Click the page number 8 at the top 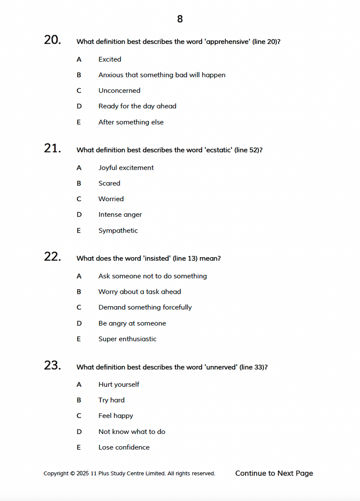pos(180,19)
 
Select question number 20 pos(52,40)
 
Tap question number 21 pos(52,148)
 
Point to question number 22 pos(52,257)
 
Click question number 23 pos(52,366)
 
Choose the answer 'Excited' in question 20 pos(110,59)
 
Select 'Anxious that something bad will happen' pos(162,75)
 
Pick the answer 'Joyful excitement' pos(126,168)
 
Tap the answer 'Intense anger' pos(120,215)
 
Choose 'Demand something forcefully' pos(145,308)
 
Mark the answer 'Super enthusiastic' pos(127,339)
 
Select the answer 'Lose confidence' pos(124,447)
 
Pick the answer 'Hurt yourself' pos(119,385)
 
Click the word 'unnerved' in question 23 pos(221,367)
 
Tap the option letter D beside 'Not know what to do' pos(79,432)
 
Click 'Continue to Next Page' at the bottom pos(274,474)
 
